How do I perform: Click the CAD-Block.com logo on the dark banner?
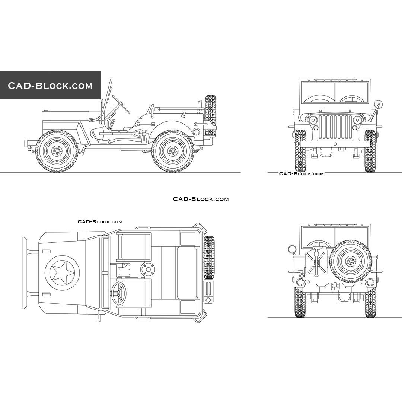[x=50, y=86]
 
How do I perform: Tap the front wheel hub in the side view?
[x=57, y=151]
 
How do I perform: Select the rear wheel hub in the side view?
[x=173, y=151]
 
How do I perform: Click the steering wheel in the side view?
[x=121, y=103]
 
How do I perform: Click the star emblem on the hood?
[x=62, y=273]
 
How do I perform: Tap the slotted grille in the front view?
[x=335, y=127]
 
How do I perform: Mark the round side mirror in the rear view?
[x=291, y=249]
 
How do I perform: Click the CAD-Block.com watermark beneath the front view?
[x=301, y=173]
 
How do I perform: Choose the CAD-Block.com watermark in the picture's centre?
[x=201, y=199]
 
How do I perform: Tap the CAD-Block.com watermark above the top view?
[x=100, y=221]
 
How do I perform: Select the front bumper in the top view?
[x=25, y=273]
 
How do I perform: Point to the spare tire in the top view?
[x=209, y=258]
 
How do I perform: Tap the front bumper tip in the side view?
[x=26, y=143]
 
